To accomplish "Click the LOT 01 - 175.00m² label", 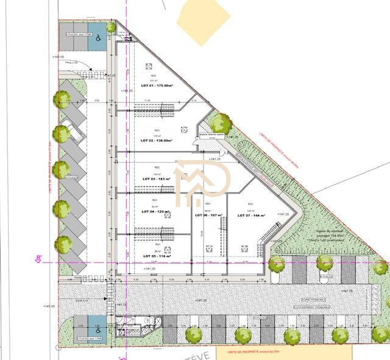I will tap(155, 86).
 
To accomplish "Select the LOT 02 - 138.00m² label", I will tap(157, 141).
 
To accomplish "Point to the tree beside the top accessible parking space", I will tap(111, 27).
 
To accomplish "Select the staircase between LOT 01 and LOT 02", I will tap(158, 109).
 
